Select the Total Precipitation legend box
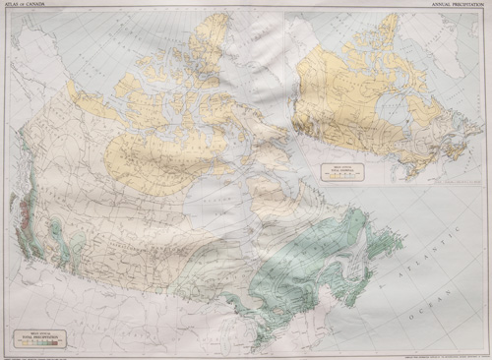point(46,338)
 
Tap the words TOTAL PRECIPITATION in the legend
point(46,337)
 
